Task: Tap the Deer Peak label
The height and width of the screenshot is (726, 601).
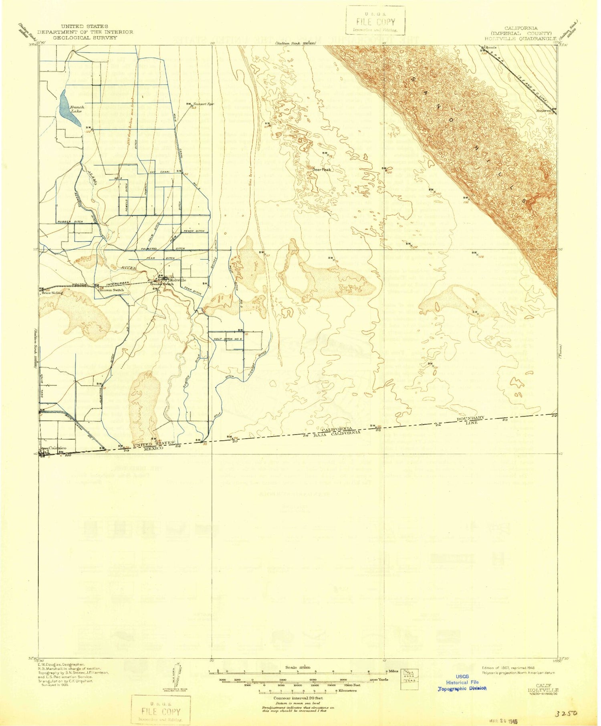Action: (322, 170)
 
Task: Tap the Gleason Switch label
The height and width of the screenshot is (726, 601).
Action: (112, 290)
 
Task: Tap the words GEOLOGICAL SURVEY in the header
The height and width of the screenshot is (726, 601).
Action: (85, 38)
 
